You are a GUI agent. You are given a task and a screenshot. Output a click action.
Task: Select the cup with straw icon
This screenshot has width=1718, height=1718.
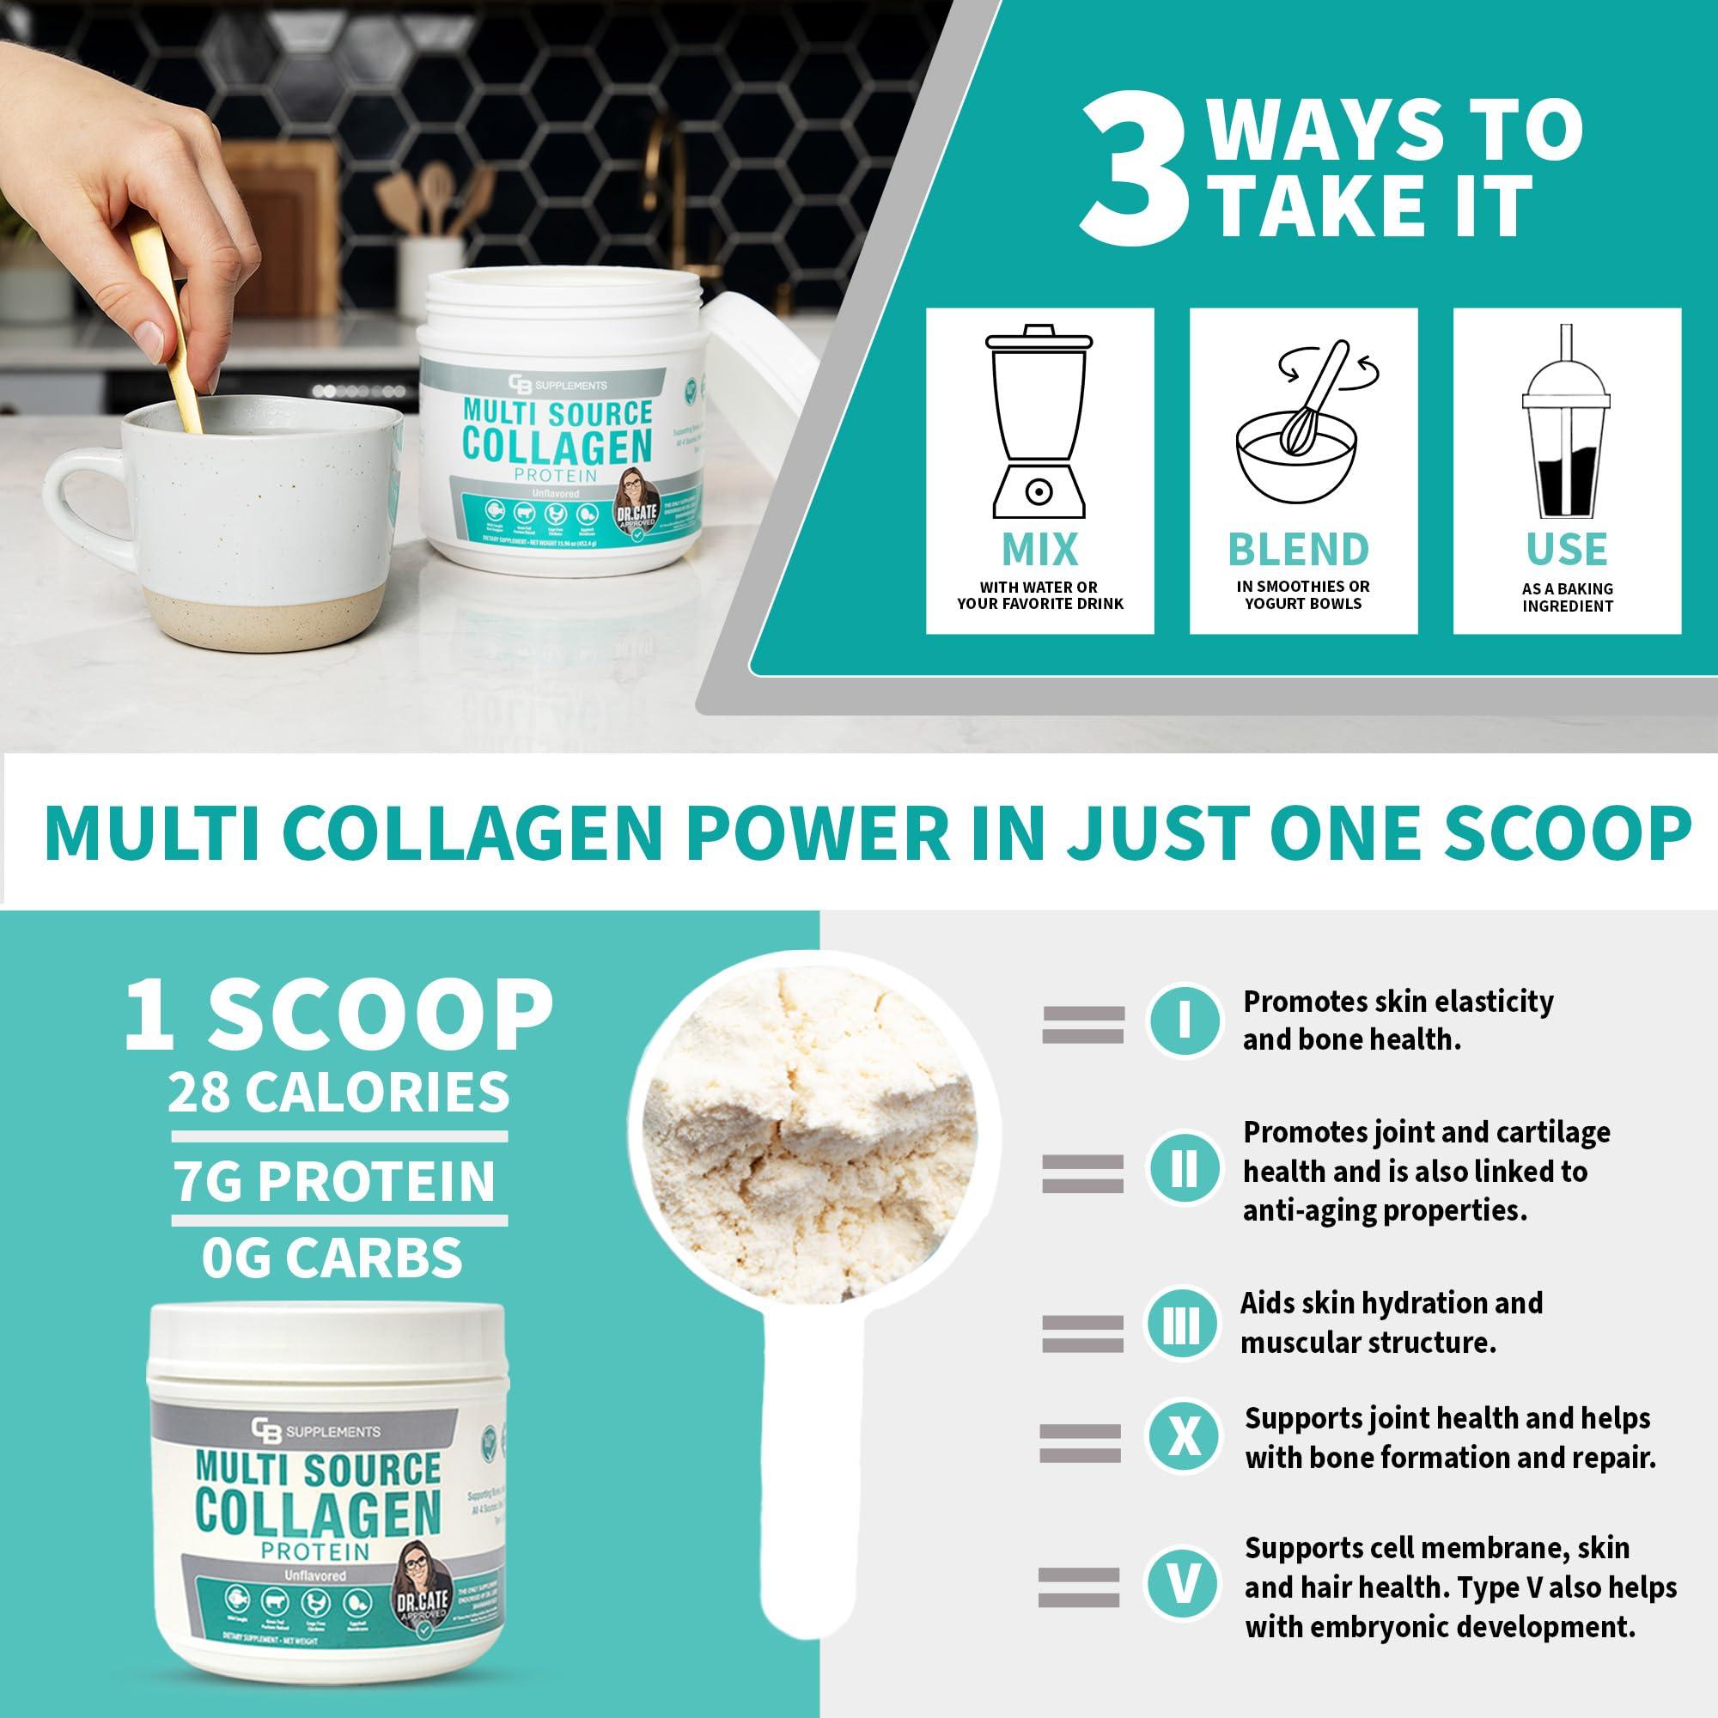coord(1566,424)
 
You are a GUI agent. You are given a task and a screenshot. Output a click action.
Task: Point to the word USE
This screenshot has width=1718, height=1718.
coord(1567,550)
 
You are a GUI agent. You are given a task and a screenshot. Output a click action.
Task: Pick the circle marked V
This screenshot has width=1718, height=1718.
coord(1182,1584)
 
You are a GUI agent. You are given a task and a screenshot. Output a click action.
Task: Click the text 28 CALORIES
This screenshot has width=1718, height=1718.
coord(338,1092)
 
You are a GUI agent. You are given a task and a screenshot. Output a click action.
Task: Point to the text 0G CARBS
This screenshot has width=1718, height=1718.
coord(332,1257)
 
